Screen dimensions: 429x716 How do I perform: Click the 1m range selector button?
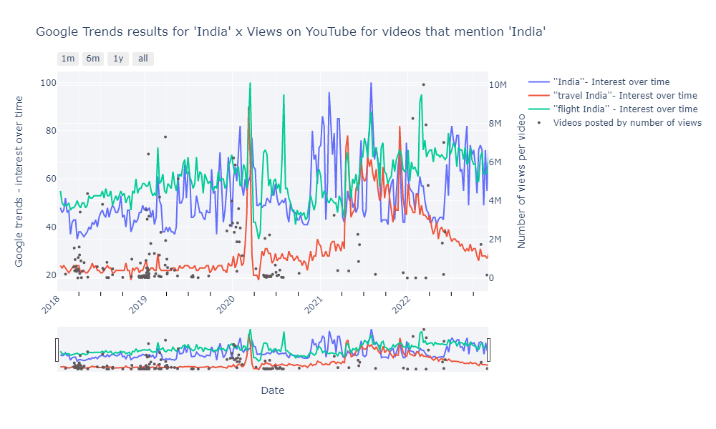(68, 59)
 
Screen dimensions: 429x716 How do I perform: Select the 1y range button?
(118, 59)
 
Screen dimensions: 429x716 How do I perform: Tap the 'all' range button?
(143, 59)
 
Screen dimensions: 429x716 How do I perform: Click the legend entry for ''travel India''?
(625, 95)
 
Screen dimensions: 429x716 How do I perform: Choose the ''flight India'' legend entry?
(625, 109)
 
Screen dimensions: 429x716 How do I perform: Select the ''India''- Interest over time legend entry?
(611, 82)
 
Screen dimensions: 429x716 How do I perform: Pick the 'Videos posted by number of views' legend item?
(627, 122)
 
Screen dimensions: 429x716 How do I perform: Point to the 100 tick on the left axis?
(49, 83)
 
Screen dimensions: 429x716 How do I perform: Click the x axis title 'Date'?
(272, 390)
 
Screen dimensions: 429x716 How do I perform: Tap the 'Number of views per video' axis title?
(521, 182)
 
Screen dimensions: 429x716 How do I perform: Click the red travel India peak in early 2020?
(248, 107)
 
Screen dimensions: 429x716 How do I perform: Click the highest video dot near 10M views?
(423, 84)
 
